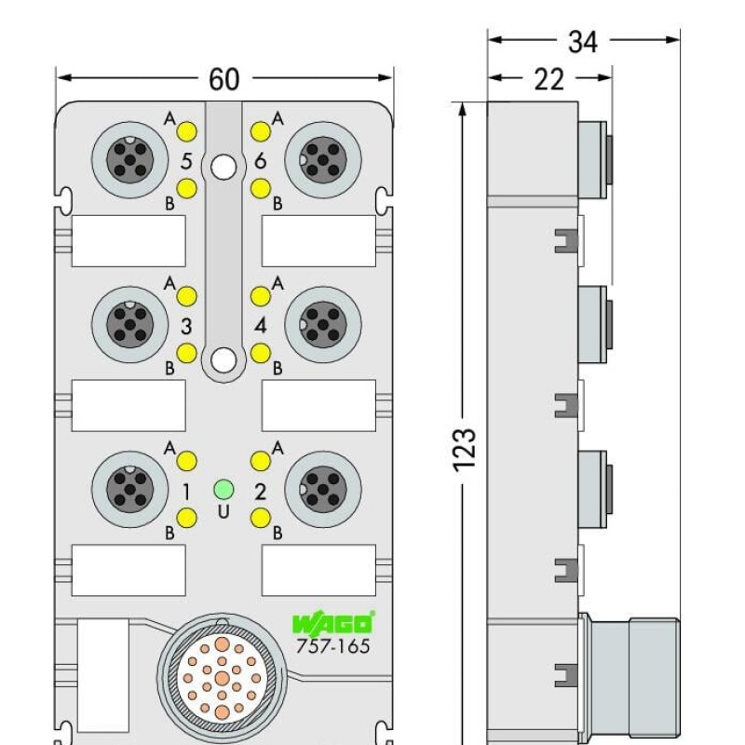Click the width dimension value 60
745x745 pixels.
223,80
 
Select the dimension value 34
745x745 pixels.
583,41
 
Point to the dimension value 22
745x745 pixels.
549,80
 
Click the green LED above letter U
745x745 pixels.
223,489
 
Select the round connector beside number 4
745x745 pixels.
322,324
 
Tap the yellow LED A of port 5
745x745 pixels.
186,129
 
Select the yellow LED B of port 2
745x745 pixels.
260,519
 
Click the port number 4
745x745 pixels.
261,326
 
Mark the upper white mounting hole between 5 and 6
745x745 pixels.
223,167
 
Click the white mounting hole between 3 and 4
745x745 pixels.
223,359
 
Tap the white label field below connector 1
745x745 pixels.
129,570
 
